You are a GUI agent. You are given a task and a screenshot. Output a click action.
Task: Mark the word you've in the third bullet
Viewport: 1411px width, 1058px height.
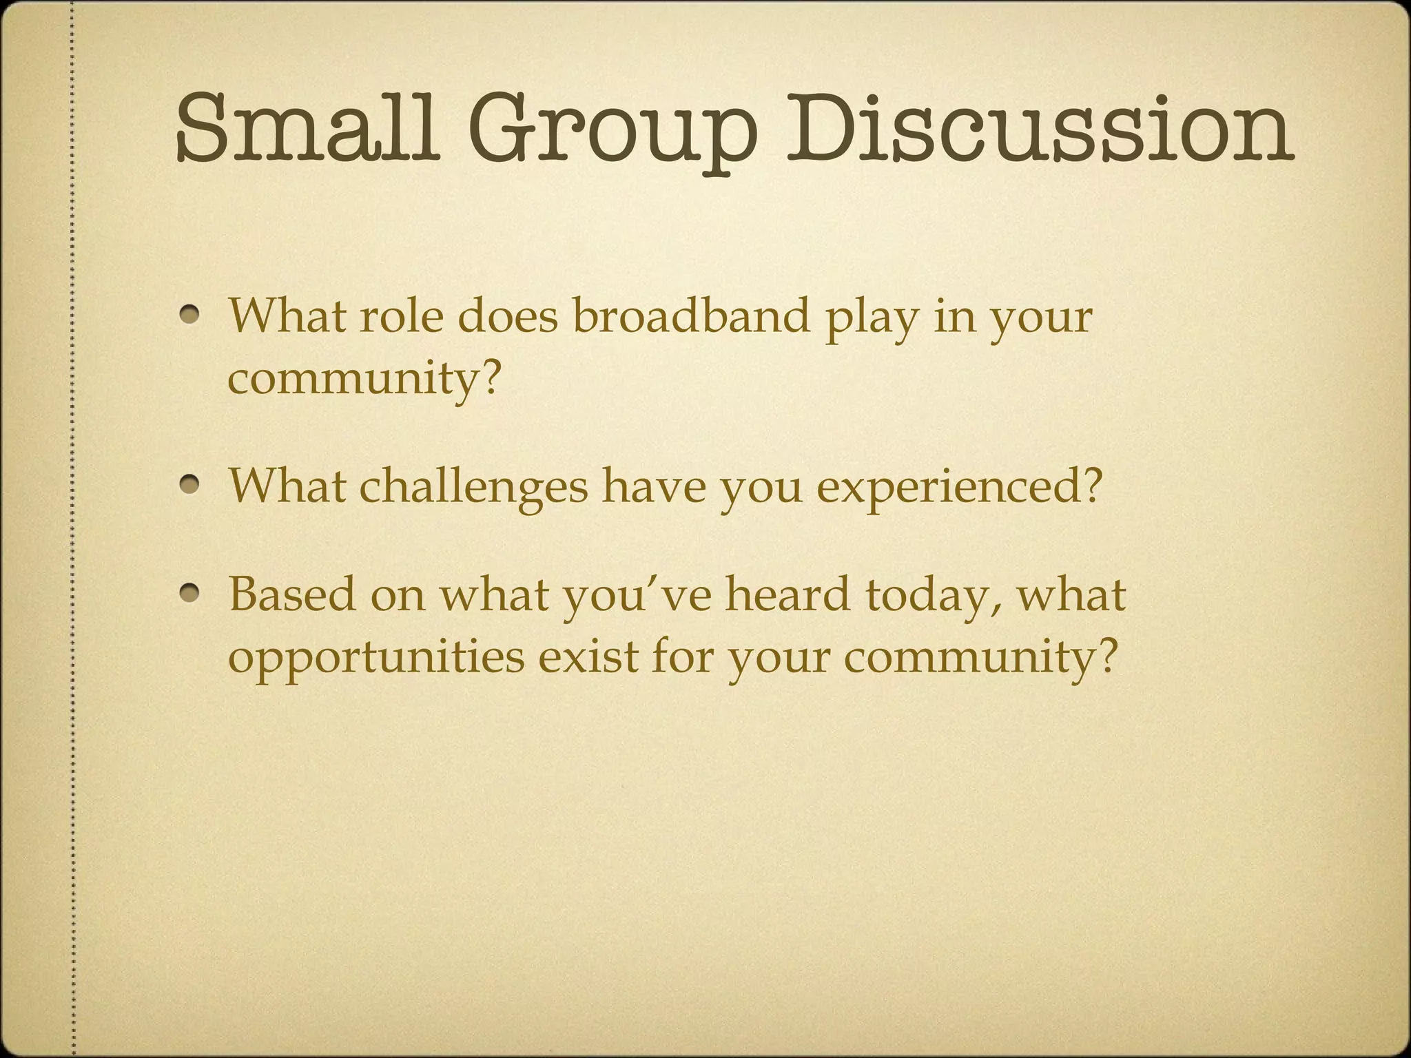coord(637,597)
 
